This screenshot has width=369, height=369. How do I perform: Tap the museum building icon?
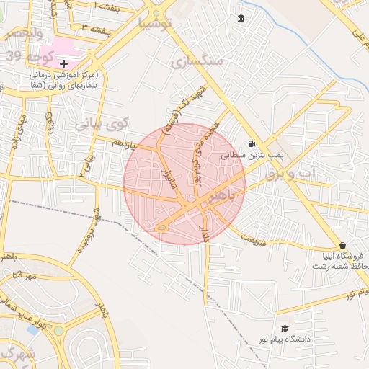(x=240, y=18)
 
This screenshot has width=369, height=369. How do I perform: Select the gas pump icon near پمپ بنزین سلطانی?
(x=252, y=143)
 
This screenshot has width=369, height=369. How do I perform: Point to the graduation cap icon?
(x=284, y=328)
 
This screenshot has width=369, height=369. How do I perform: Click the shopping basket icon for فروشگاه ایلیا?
(x=342, y=245)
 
